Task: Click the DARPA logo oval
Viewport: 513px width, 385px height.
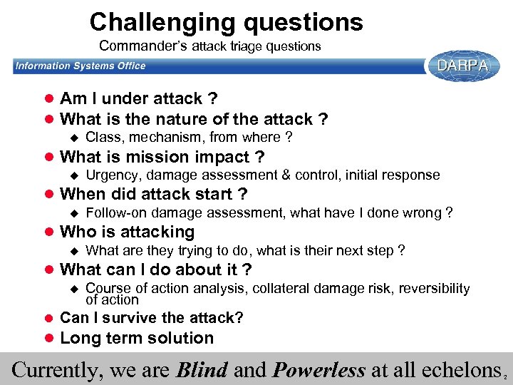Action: (x=462, y=66)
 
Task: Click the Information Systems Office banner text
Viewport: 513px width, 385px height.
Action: (x=81, y=66)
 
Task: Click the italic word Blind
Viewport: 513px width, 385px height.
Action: (x=202, y=370)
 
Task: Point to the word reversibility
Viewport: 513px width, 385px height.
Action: (x=434, y=288)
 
